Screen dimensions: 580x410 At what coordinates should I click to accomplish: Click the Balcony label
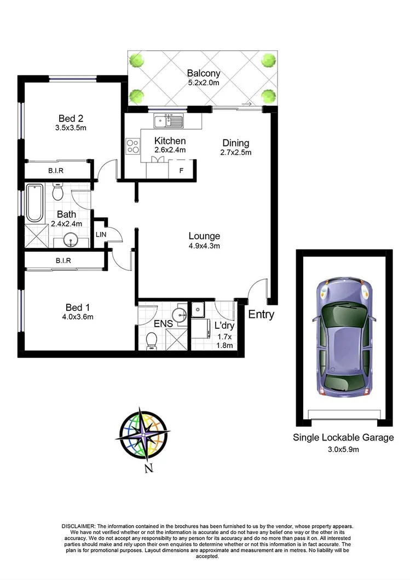[203, 73]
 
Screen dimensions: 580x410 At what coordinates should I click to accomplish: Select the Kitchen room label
[170, 141]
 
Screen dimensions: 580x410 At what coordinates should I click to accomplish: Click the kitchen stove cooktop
[133, 146]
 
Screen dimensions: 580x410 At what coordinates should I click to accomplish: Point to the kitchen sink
[170, 120]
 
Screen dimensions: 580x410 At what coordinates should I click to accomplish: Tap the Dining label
[235, 143]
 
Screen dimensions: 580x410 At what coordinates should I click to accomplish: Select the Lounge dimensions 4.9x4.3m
[204, 246]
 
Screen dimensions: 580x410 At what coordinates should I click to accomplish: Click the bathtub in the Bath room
[34, 203]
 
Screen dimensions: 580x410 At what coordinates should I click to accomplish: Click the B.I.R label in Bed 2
[55, 171]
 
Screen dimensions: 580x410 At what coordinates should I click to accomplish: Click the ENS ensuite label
[163, 324]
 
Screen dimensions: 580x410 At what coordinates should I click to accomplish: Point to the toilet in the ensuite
[151, 341]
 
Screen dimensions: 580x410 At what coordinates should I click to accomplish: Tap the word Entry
[261, 315]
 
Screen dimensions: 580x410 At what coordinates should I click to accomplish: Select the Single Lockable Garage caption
[343, 437]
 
